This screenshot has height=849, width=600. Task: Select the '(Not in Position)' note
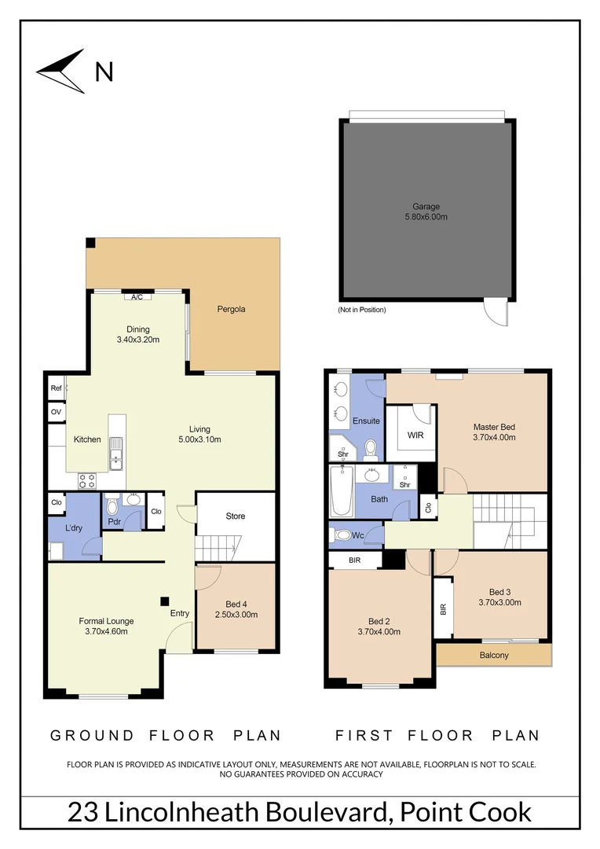[x=362, y=310]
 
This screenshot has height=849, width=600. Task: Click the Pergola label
[x=231, y=309]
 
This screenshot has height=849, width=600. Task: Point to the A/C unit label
[x=137, y=297]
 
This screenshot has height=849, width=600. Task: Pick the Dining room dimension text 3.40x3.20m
[x=138, y=340]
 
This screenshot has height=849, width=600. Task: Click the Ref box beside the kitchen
[x=56, y=388]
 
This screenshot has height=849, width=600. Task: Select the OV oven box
[x=56, y=411]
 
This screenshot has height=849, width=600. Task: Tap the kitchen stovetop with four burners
[x=86, y=479]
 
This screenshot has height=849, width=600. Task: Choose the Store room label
[x=236, y=516]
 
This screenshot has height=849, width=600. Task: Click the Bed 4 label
[x=236, y=604]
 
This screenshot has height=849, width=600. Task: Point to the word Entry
[x=180, y=614]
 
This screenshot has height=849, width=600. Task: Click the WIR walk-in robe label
[x=415, y=435]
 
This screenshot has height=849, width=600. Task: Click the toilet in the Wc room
[x=342, y=535]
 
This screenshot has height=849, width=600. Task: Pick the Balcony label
[x=493, y=655]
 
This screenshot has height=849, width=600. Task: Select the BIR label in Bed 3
[x=444, y=608]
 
